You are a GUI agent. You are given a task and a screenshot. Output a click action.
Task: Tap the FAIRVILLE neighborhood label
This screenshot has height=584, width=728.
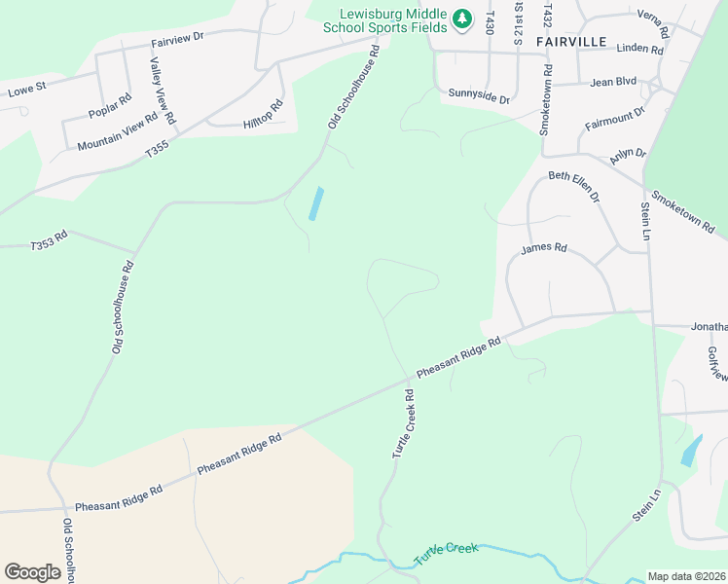click(x=571, y=42)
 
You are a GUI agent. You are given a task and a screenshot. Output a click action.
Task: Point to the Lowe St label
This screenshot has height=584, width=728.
click(x=26, y=91)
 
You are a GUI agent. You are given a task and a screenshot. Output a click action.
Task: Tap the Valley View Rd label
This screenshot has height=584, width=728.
click(x=163, y=91)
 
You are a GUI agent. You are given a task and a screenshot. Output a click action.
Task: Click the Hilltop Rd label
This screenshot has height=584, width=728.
click(x=263, y=113)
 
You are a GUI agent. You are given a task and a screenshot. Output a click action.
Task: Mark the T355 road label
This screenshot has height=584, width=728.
click(x=157, y=150)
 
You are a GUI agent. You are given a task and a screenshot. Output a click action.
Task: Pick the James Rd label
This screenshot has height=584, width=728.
click(x=543, y=248)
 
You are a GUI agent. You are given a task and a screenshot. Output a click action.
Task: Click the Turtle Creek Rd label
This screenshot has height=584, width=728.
click(x=404, y=424)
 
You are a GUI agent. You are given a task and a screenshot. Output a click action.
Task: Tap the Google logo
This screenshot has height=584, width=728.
click(x=32, y=572)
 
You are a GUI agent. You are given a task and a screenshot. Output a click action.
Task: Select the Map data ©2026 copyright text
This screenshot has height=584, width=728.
click(x=686, y=576)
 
